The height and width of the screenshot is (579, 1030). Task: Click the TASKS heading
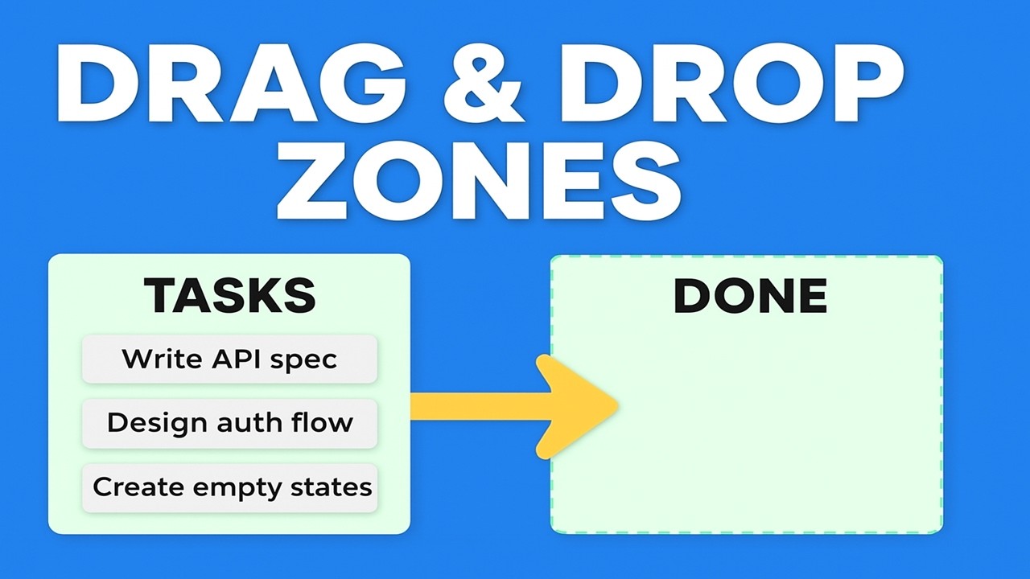229,295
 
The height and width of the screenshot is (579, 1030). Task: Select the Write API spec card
229,359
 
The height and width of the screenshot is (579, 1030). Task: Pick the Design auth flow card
229,423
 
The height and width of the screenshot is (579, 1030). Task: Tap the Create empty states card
229,487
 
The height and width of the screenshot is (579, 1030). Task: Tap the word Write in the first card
157,359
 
